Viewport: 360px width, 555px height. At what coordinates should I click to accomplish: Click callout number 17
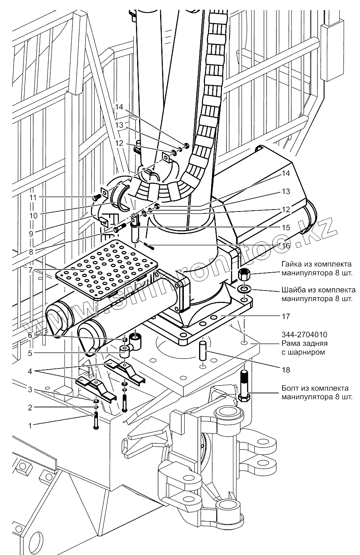click(x=286, y=316)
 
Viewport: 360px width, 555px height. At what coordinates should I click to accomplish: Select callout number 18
click(x=286, y=370)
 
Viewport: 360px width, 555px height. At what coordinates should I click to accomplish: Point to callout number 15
click(x=286, y=227)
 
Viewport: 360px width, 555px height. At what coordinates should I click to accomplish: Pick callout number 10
click(x=33, y=215)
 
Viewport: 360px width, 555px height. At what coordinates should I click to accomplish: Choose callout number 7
click(x=30, y=270)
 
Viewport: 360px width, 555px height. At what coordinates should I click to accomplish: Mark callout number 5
click(x=30, y=353)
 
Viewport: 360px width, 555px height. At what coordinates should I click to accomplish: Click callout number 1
click(x=30, y=426)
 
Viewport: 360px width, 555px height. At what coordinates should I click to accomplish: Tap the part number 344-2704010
click(x=304, y=335)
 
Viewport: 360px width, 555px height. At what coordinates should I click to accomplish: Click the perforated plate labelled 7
click(x=107, y=270)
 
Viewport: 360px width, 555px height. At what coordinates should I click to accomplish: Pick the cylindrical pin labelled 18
click(x=203, y=349)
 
